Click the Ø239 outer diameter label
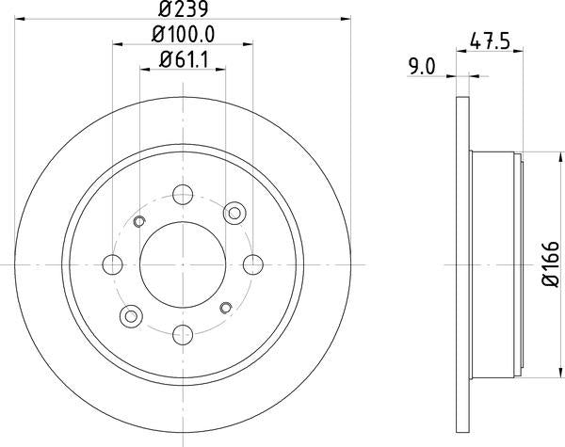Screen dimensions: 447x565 point(183,10)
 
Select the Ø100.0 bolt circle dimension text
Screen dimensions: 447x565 point(183,35)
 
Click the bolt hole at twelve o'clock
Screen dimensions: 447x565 point(183,196)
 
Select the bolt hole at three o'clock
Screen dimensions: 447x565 point(252,264)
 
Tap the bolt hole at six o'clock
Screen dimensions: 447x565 point(183,333)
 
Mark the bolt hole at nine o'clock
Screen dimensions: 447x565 point(114,264)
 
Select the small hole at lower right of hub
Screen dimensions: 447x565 point(225,307)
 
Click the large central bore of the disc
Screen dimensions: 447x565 point(183,264)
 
